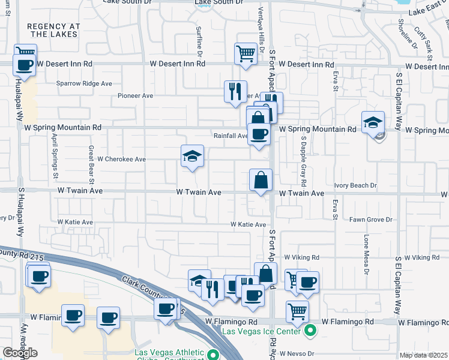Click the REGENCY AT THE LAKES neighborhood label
pyautogui.click(x=53, y=31)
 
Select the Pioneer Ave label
pyautogui.click(x=136, y=95)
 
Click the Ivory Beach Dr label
pyautogui.click(x=355, y=186)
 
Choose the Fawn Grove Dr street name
pyautogui.click(x=371, y=220)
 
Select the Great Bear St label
pyautogui.click(x=91, y=164)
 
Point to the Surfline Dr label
pyautogui.click(x=197, y=38)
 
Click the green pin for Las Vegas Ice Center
pyautogui.click(x=310, y=331)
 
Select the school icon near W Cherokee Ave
pyautogui.click(x=193, y=157)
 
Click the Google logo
pyautogui.click(x=20, y=353)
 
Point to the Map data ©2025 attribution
pyautogui.click(x=423, y=355)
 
